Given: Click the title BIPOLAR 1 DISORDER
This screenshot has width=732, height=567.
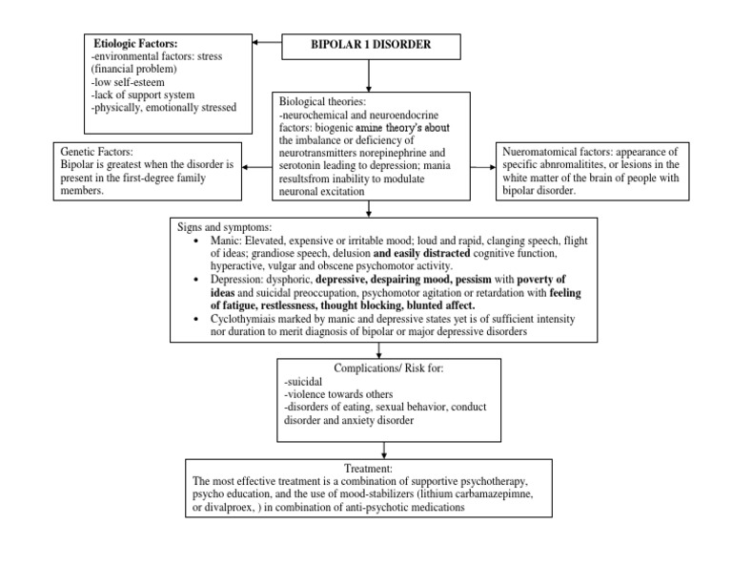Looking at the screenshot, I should [368, 45].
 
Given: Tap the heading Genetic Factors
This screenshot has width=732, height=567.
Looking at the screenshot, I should [98, 151].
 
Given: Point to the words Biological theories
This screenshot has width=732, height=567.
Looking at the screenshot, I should [323, 100].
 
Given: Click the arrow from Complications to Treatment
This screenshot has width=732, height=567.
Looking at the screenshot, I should [384, 449].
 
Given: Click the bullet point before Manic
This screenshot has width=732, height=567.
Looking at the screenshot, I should [195, 241].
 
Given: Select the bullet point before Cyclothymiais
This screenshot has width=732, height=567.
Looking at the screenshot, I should [195, 320].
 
